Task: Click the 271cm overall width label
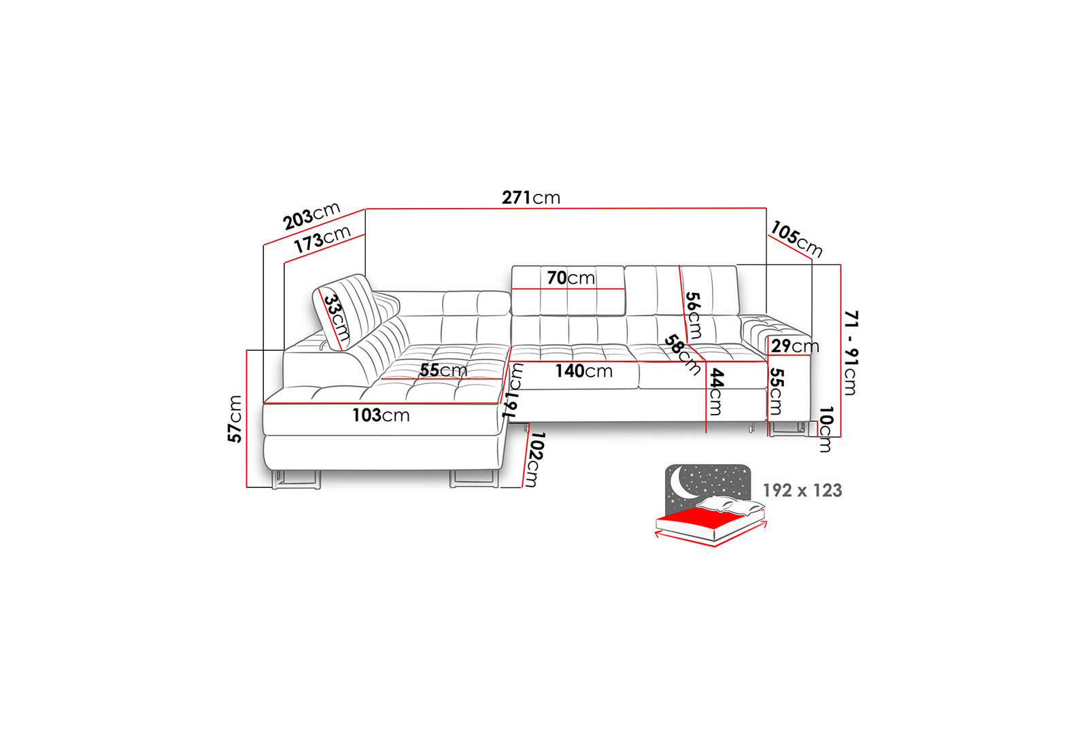coord(531,198)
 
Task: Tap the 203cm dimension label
coord(311,215)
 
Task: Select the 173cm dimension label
coord(322,239)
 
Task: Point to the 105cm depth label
coord(796,239)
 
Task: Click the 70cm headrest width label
coord(571,278)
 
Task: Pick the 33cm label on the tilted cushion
coord(337,317)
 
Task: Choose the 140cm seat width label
coord(584,371)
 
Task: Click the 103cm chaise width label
coord(381,415)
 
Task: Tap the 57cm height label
coord(235,419)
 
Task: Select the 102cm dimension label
coord(535,459)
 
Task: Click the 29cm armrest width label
coord(795,346)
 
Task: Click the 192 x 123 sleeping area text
coord(802,490)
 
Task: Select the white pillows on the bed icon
coord(730,506)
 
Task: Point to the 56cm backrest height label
coord(693,315)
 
